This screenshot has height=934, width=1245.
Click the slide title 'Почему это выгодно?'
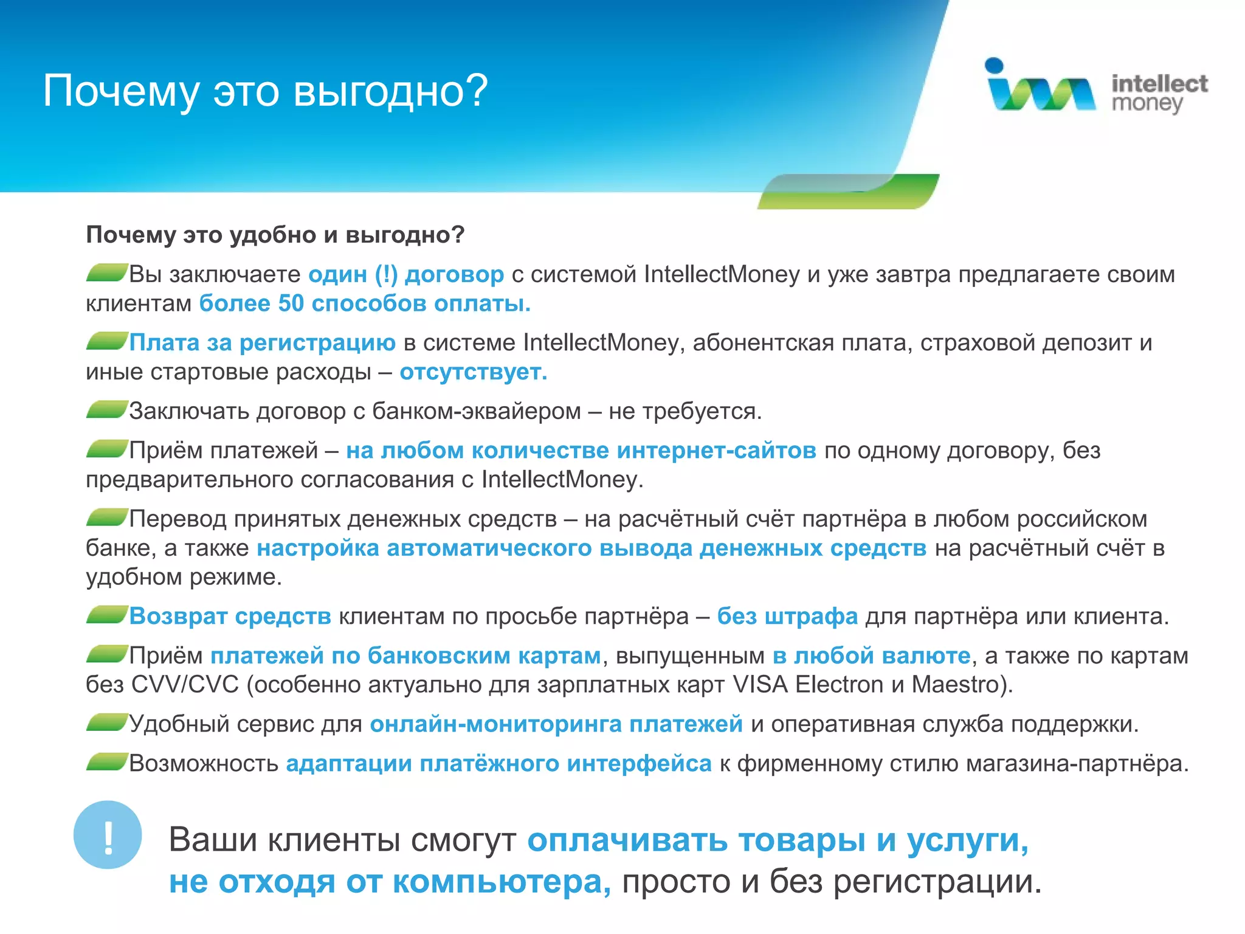[x=265, y=91]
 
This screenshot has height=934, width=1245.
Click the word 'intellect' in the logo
[x=1159, y=83]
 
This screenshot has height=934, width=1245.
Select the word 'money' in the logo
[x=1147, y=104]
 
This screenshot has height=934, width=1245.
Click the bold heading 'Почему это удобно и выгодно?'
[x=275, y=235]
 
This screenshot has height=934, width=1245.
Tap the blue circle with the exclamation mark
[x=108, y=835]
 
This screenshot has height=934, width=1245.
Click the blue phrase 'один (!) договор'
[x=406, y=274]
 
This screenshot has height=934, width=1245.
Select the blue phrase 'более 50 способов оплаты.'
[x=365, y=303]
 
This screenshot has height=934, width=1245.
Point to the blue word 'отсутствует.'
[x=473, y=372]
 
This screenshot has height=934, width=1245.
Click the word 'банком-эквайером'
[x=477, y=411]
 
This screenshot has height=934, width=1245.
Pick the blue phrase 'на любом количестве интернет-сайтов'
[x=581, y=451]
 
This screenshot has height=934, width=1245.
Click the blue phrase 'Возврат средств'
[x=230, y=617]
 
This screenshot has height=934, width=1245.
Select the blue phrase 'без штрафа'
[x=787, y=617]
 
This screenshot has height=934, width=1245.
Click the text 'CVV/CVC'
[x=185, y=685]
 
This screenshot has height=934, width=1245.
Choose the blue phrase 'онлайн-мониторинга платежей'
[x=556, y=724]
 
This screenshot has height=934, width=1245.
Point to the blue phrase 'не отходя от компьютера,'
[x=389, y=882]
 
